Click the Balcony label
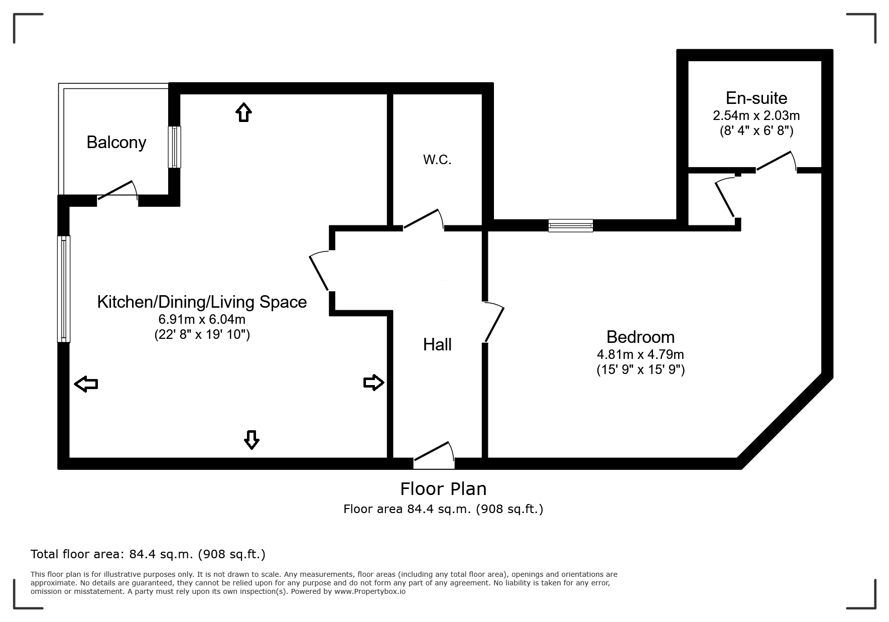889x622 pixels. (116, 143)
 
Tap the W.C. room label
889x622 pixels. (437, 160)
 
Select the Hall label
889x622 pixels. (437, 344)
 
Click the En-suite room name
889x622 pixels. (756, 98)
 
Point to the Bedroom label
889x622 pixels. (640, 336)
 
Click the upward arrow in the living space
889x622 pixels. (243, 112)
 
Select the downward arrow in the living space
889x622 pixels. (251, 440)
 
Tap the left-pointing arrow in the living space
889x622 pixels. (86, 384)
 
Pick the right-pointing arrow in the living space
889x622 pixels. (373, 383)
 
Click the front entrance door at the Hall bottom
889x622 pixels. (434, 454)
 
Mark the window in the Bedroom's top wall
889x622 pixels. (570, 225)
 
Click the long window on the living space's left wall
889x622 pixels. (64, 289)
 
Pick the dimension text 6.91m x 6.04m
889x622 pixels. (202, 319)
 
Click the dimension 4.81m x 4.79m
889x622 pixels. (640, 354)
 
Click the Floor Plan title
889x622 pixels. (443, 488)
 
